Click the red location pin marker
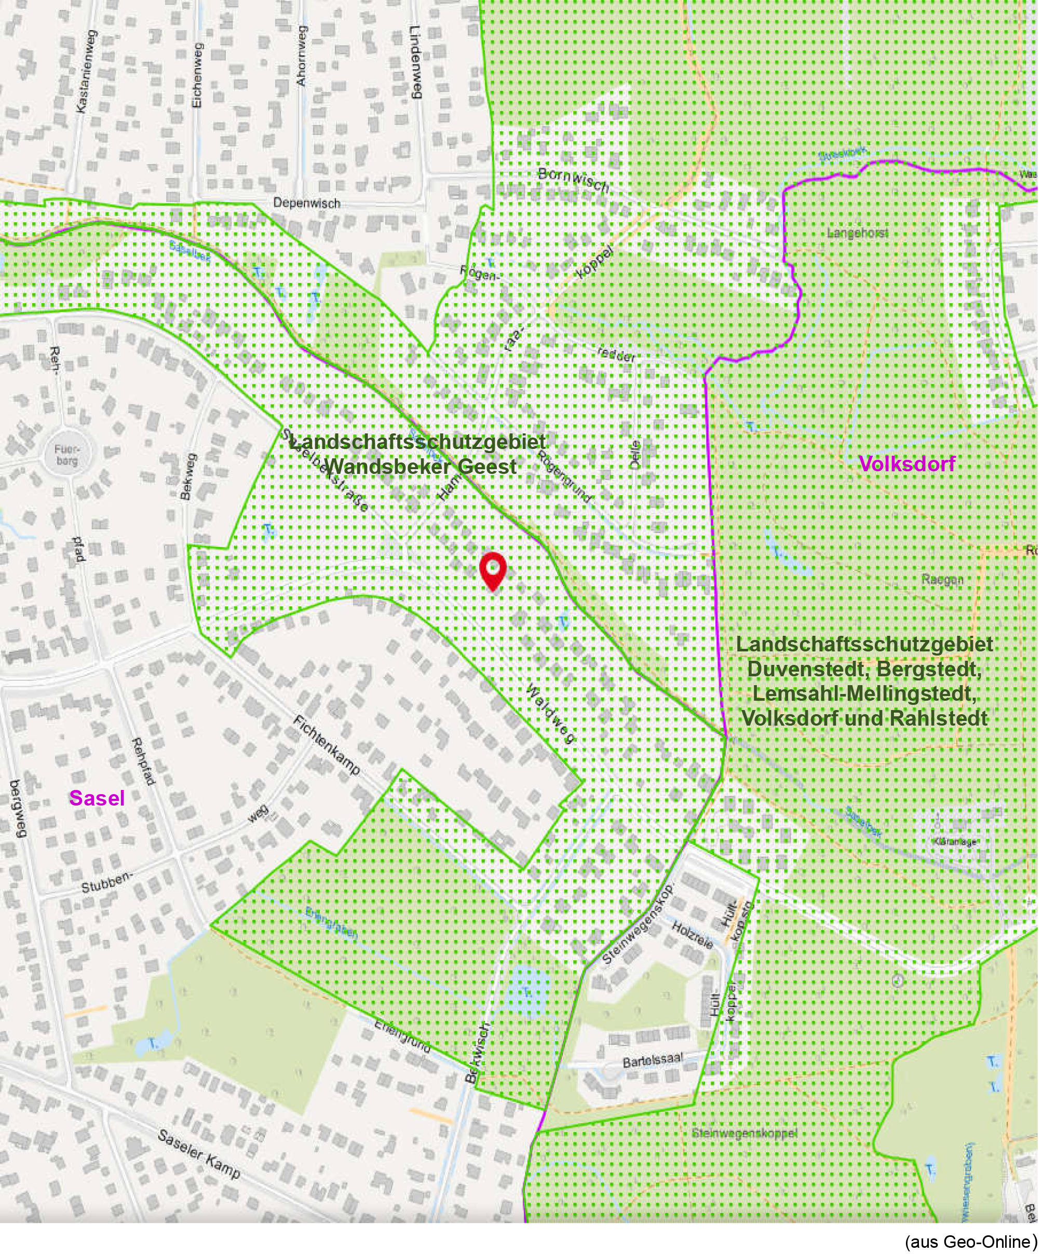tap(493, 570)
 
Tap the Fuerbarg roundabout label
tap(66, 455)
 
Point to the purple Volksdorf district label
tap(907, 464)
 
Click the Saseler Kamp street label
tap(199, 1155)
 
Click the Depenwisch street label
tap(306, 203)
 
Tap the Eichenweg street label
tap(198, 76)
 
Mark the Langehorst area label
tap(857, 233)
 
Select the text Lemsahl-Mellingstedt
tap(864, 694)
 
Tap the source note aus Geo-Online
tap(971, 1242)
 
